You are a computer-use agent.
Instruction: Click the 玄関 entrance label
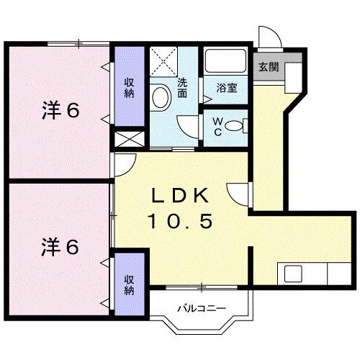[268, 67]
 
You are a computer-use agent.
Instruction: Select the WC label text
[217, 127]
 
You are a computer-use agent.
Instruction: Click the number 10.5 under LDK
[181, 221]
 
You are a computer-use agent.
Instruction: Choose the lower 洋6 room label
[59, 246]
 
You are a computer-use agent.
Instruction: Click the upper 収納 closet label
[130, 88]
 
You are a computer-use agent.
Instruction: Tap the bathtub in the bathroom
[225, 61]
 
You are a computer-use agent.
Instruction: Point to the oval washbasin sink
[161, 94]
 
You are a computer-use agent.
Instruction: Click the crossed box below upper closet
[129, 140]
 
